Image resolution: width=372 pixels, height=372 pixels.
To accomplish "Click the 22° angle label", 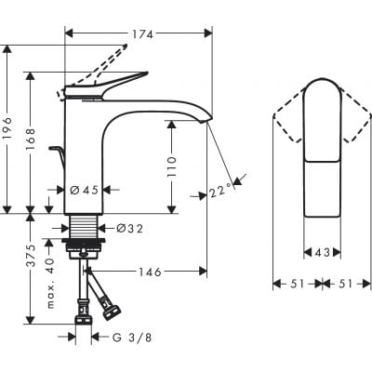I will [220, 192].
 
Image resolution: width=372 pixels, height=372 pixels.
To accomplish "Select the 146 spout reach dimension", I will [149, 272].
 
